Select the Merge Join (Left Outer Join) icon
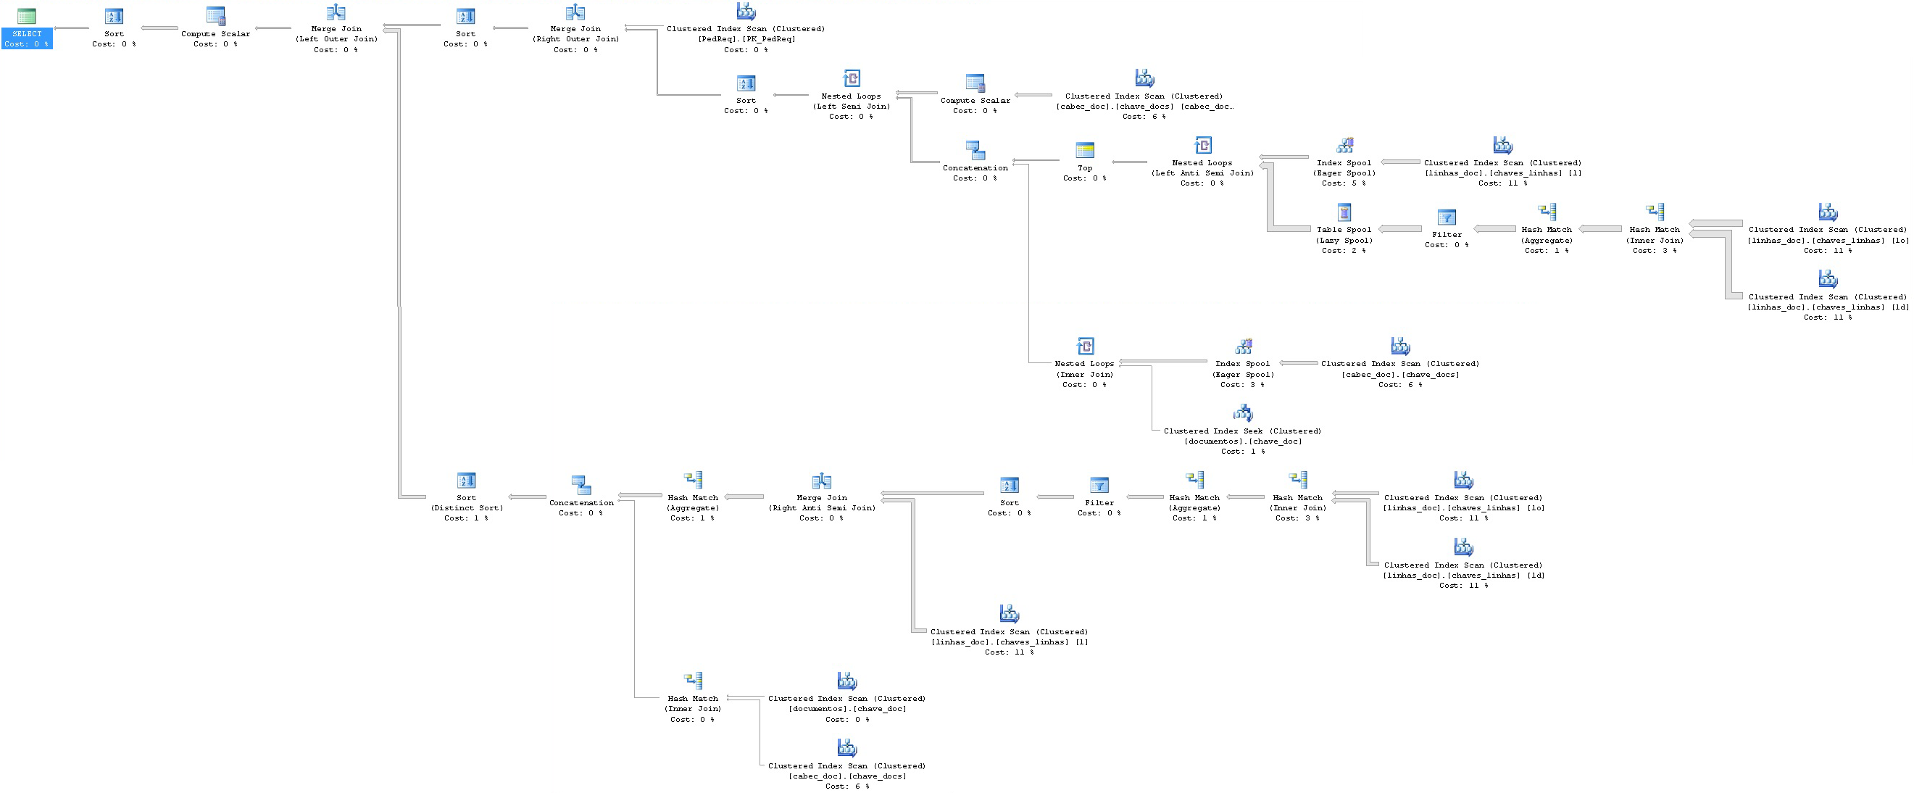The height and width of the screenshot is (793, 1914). [x=336, y=12]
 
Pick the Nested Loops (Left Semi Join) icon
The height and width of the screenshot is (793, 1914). [x=852, y=79]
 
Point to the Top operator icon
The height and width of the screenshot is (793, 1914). [x=1085, y=151]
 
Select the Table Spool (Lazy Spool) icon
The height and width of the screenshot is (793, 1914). [x=1344, y=213]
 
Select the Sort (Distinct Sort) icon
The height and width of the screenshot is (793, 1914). [x=466, y=481]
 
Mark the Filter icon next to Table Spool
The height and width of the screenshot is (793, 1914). [x=1447, y=217]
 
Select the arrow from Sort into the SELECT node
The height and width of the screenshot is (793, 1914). [x=71, y=28]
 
